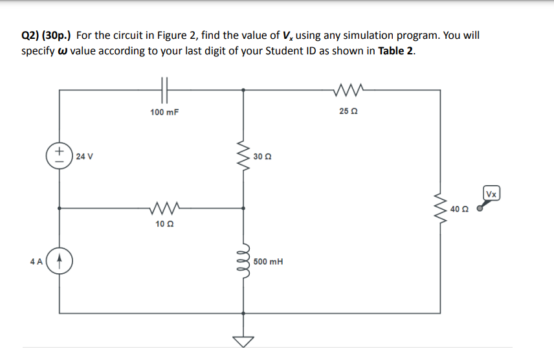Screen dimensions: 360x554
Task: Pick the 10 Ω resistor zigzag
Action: pos(164,208)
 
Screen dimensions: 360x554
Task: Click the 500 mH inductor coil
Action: pos(244,262)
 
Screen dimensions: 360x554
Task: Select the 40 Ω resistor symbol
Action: pos(442,208)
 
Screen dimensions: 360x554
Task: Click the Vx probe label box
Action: pos(492,194)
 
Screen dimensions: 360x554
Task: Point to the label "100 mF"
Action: pos(164,112)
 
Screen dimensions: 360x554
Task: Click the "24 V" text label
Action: pos(85,156)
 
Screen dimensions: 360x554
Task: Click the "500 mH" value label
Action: pos(268,262)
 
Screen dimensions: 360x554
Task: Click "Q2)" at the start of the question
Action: pos(32,36)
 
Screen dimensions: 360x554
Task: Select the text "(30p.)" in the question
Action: pos(59,36)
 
